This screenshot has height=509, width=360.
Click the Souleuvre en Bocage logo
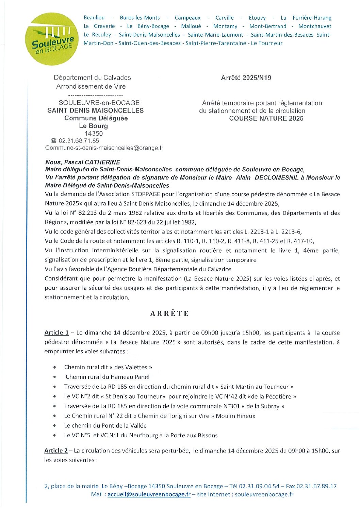(x=52, y=39)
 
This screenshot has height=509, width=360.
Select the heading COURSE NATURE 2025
(x=266, y=118)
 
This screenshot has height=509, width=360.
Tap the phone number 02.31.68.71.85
(x=79, y=141)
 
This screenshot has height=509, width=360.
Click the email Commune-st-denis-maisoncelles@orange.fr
(x=104, y=148)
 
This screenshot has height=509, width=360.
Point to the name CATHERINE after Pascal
(x=102, y=162)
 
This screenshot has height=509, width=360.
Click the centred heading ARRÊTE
(x=169, y=313)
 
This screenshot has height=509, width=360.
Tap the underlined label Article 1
(x=56, y=333)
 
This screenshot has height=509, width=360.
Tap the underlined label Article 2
(x=56, y=451)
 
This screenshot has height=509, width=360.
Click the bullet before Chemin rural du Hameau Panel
(x=55, y=377)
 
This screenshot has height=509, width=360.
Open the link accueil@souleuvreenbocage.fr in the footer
(x=149, y=494)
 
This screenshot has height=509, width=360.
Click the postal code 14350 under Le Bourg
(x=94, y=134)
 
